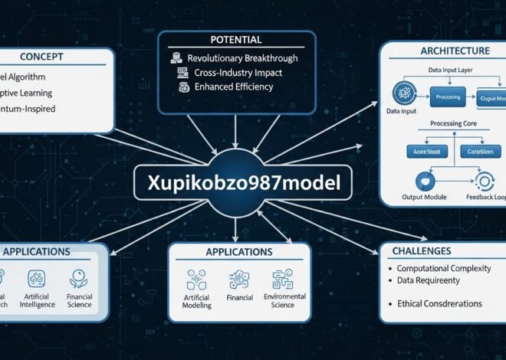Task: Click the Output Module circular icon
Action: [x=420, y=182]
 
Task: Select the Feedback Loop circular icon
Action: [x=485, y=182]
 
